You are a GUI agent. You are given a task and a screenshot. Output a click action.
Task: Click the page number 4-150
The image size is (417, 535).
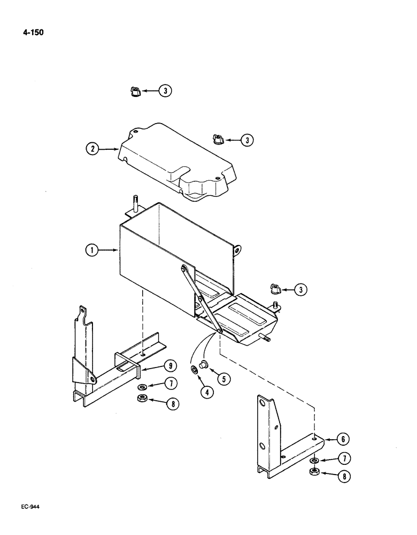point(33,33)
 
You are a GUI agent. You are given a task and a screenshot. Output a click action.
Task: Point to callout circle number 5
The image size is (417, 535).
point(223,378)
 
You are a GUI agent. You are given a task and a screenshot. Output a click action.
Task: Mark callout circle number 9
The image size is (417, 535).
point(171,367)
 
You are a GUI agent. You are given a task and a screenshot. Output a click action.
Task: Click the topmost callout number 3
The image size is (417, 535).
point(165,91)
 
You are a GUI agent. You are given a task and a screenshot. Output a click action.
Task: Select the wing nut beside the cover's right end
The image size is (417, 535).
point(217,140)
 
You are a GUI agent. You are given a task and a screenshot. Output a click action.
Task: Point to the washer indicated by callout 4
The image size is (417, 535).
point(194,369)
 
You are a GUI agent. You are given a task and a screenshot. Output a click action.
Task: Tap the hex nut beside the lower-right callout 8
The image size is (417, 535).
point(314,471)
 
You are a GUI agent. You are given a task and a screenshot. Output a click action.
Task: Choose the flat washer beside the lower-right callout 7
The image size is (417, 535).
point(315,460)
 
